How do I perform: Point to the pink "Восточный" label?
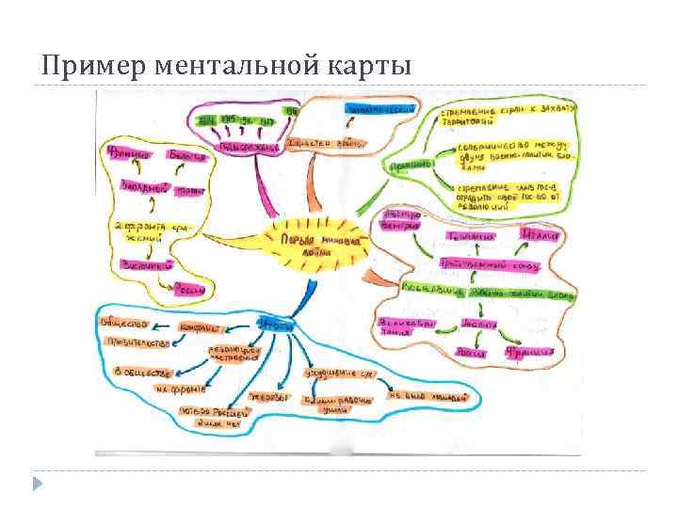[x=144, y=266]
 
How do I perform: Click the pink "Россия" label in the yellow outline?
[x=190, y=291]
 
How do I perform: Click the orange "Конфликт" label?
[x=200, y=328]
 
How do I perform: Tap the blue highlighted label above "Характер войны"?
[x=381, y=110]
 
